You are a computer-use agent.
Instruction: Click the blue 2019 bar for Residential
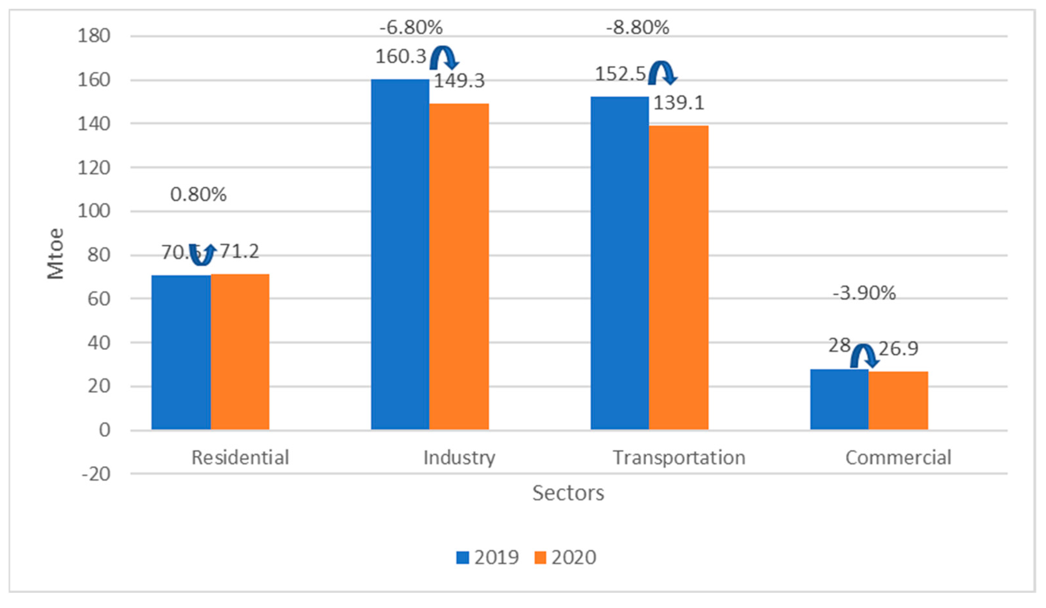pyautogui.click(x=181, y=352)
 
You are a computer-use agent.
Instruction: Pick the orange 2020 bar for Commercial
pyautogui.click(x=898, y=400)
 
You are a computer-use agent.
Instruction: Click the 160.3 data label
pyautogui.click(x=400, y=57)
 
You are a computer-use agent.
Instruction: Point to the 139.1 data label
pyautogui.click(x=679, y=103)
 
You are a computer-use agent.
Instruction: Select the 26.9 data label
pyautogui.click(x=898, y=348)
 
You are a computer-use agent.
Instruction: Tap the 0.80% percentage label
pyautogui.click(x=198, y=194)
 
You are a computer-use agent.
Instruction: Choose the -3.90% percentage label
pyautogui.click(x=864, y=293)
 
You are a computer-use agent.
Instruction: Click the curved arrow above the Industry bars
pyautogui.click(x=444, y=58)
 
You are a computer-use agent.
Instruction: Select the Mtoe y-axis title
pyautogui.click(x=55, y=254)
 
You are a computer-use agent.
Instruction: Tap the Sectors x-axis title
pyautogui.click(x=568, y=493)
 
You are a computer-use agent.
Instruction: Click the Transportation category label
pyautogui.click(x=679, y=458)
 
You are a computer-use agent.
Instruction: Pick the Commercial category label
pyautogui.click(x=898, y=458)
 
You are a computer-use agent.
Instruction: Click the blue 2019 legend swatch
pyautogui.click(x=462, y=557)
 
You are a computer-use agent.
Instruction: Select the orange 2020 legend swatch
pyautogui.click(x=540, y=557)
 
